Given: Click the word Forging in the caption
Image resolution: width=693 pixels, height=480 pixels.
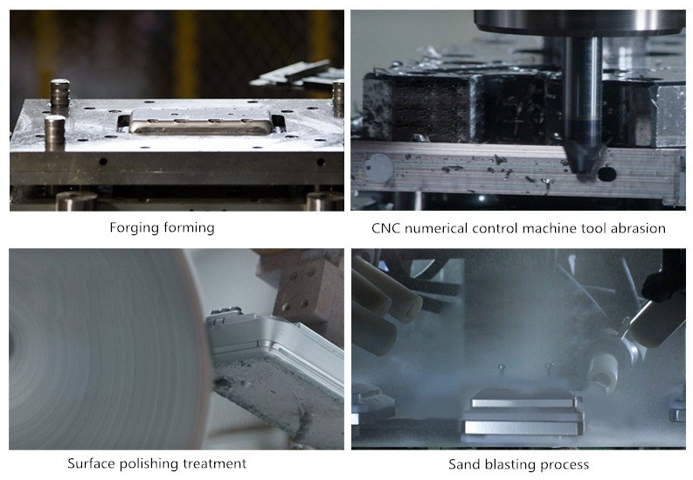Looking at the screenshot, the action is (135, 228).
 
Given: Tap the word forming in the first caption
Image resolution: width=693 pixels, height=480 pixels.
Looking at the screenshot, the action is (189, 228).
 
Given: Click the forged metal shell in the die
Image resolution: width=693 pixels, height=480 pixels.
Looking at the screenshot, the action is (201, 121).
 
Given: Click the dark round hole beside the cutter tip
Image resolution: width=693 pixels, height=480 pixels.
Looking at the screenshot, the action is (606, 174).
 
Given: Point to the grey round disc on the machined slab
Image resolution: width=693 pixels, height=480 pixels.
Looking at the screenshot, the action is (378, 169).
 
